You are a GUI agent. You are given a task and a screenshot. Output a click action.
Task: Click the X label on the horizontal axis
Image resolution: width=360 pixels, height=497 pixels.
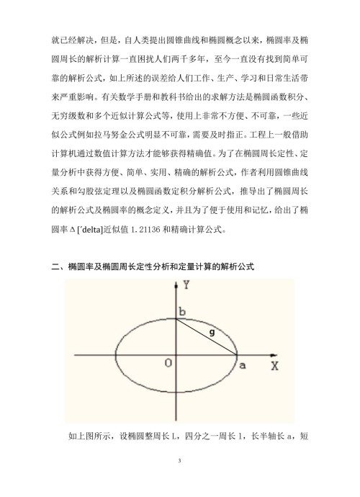pyautogui.click(x=274, y=365)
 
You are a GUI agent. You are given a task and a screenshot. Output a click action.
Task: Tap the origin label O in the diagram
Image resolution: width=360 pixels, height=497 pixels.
pyautogui.click(x=167, y=362)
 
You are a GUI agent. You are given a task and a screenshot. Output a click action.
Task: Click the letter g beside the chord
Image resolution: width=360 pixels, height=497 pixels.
pyautogui.click(x=211, y=332)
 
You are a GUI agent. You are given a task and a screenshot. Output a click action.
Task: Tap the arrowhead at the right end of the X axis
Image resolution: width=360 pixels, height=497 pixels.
pyautogui.click(x=261, y=354)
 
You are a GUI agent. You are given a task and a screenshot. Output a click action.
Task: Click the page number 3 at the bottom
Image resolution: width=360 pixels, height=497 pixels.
pyautogui.click(x=180, y=457)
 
